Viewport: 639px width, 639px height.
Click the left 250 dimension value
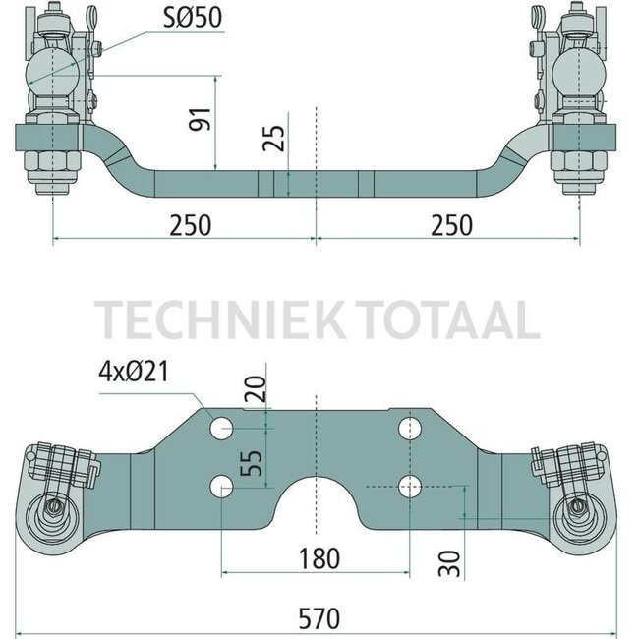click(x=189, y=224)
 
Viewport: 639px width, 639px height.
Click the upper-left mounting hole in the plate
click(x=222, y=428)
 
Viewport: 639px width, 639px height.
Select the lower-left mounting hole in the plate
click(x=222, y=484)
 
